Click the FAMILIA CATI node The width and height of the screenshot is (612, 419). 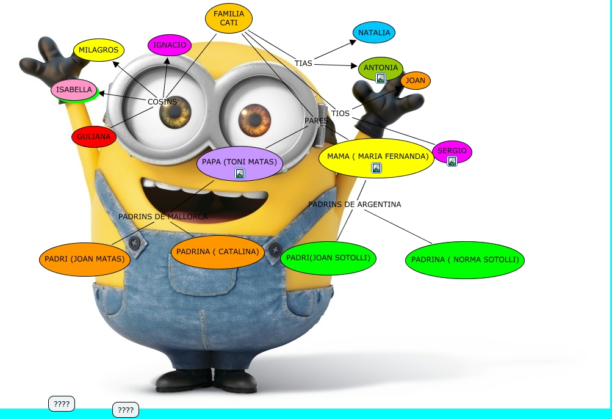click(229, 18)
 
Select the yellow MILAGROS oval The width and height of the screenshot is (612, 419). click(98, 50)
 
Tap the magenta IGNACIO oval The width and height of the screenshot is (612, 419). click(170, 45)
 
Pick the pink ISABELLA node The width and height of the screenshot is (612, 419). click(74, 90)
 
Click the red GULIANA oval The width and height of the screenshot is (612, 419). click(94, 137)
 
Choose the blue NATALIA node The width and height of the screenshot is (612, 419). click(374, 32)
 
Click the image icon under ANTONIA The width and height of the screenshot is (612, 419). click(381, 78)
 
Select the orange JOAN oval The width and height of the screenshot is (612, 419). click(416, 81)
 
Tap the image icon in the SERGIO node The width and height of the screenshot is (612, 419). click(452, 161)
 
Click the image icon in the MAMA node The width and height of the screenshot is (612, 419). click(376, 168)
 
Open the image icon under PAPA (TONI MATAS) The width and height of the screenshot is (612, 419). click(240, 173)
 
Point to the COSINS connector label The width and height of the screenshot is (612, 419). click(162, 101)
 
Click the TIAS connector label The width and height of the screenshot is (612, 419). click(303, 64)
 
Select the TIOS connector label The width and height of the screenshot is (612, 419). click(340, 114)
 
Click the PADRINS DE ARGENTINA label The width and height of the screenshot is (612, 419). click(355, 205)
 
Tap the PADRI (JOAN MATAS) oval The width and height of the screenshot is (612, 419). click(85, 259)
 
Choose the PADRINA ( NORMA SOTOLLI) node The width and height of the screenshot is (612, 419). click(465, 260)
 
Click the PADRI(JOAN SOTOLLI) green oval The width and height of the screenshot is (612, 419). click(328, 258)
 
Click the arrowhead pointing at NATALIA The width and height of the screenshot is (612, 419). click(353, 42)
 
